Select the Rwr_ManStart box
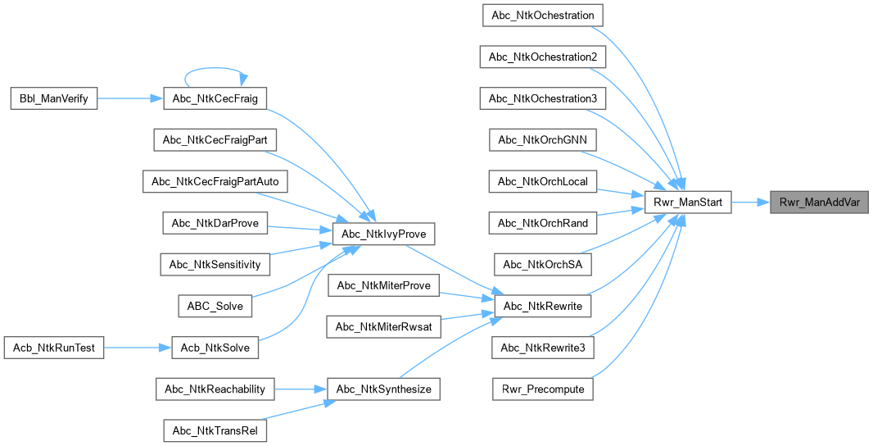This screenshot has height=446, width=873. (x=687, y=202)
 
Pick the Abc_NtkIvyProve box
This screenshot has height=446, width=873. (x=384, y=234)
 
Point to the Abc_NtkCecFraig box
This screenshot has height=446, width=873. (x=215, y=98)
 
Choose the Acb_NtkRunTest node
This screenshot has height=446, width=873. (x=54, y=348)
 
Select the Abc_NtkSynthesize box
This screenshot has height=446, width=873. (x=384, y=389)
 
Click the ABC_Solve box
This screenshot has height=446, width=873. (x=215, y=306)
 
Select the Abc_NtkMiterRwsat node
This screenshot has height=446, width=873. (x=384, y=326)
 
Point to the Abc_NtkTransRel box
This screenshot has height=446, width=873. (x=215, y=430)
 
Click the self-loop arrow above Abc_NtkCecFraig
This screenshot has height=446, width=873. (x=215, y=68)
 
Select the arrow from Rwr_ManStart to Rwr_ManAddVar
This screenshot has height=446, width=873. (x=749, y=202)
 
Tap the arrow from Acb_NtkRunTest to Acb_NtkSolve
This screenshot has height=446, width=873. (x=136, y=348)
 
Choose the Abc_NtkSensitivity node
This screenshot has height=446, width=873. (x=215, y=264)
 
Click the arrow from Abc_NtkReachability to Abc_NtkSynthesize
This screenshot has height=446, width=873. (x=300, y=389)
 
